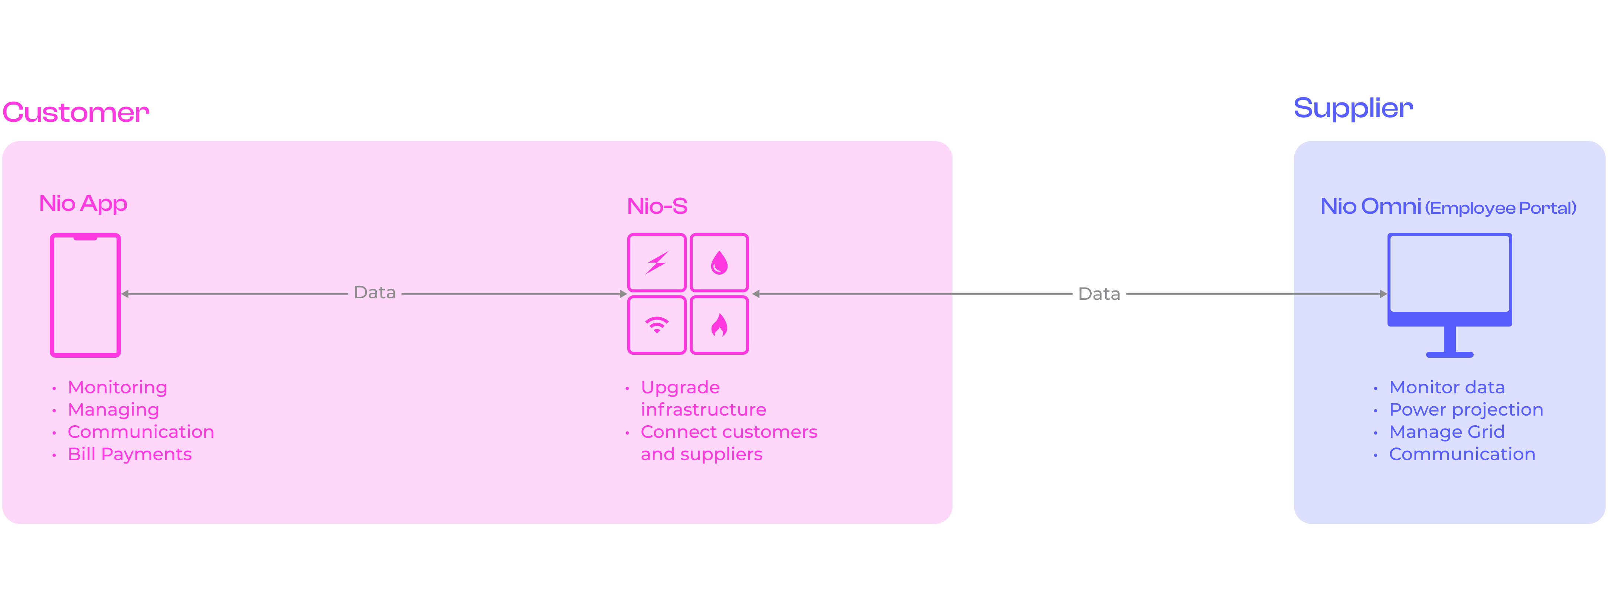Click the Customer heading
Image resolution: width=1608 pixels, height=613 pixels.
[x=76, y=112]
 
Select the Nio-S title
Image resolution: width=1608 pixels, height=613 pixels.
[x=657, y=206]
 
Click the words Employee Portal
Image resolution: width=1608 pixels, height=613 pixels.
[x=1501, y=208]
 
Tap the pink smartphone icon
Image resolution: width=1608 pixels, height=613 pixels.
[x=85, y=295]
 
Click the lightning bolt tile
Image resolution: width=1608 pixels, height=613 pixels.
[x=657, y=262]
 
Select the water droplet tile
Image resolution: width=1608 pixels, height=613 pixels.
[x=719, y=262]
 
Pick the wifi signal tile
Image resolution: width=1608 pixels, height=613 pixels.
[x=657, y=325]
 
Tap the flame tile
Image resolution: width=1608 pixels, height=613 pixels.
[x=719, y=325]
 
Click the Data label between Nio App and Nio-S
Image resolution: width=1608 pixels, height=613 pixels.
[x=375, y=293]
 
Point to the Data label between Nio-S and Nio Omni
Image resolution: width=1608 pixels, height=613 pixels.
[x=1099, y=294]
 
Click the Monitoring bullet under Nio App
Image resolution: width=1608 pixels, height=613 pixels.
[x=117, y=388]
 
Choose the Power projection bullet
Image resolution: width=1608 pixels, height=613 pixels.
[x=1466, y=410]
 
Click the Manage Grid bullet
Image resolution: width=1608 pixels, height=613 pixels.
[x=1446, y=432]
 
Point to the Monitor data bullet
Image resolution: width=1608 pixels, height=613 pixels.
[x=1446, y=388]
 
